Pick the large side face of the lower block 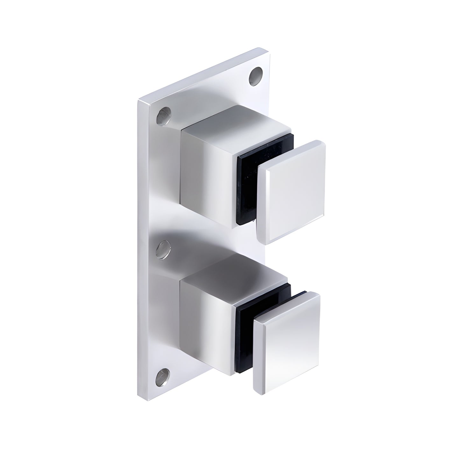point(207,318)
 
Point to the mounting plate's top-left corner point(139,101)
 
